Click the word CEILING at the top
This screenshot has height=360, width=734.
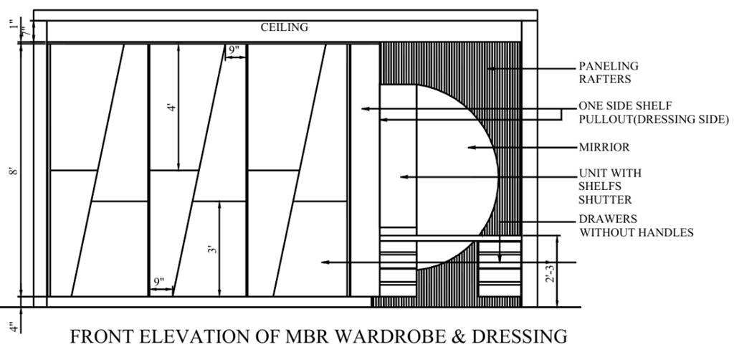pyautogui.click(x=284, y=27)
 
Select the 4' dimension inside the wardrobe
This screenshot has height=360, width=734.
pyautogui.click(x=171, y=108)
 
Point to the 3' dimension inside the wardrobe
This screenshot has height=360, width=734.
pyautogui.click(x=212, y=249)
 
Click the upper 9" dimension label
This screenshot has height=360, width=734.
pyautogui.click(x=234, y=50)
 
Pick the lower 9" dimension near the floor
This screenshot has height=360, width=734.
pyautogui.click(x=159, y=282)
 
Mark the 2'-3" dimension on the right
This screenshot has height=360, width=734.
pyautogui.click(x=550, y=270)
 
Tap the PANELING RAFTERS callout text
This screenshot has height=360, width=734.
pyautogui.click(x=609, y=72)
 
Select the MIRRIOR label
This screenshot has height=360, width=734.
pyautogui.click(x=604, y=148)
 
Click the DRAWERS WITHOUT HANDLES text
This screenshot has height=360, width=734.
pyautogui.click(x=636, y=225)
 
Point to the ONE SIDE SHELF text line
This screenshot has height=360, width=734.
pyautogui.click(x=625, y=106)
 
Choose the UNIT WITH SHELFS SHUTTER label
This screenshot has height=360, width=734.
pyautogui.click(x=610, y=186)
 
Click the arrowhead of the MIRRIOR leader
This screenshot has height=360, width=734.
pyautogui.click(x=470, y=148)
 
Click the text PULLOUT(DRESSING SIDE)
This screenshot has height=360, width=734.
pyautogui.click(x=654, y=119)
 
